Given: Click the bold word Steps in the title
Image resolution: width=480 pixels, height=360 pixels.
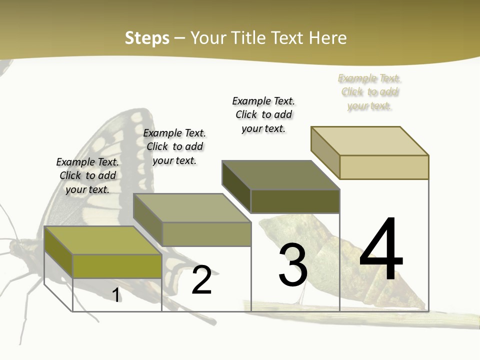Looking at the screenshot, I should pyautogui.click(x=147, y=38).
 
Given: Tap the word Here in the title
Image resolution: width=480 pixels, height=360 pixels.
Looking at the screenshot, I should pyautogui.click(x=327, y=38).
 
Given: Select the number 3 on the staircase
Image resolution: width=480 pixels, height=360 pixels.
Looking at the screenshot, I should pyautogui.click(x=293, y=265).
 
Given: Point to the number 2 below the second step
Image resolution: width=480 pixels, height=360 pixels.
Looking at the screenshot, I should pyautogui.click(x=201, y=280).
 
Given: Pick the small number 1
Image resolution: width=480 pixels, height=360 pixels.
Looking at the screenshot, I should pyautogui.click(x=116, y=295).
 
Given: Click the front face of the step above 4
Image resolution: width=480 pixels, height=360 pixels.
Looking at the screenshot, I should pyautogui.click(x=384, y=167).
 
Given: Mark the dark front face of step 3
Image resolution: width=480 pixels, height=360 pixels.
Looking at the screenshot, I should pyautogui.click(x=295, y=201).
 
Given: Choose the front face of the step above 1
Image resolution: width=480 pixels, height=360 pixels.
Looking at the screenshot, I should pyautogui.click(x=117, y=266).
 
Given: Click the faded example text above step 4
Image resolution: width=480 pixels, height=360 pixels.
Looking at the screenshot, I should pyautogui.click(x=369, y=92).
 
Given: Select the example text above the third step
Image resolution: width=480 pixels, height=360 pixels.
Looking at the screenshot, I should pyautogui.click(x=263, y=114).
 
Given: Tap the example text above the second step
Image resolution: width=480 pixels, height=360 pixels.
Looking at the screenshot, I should pyautogui.click(x=174, y=146).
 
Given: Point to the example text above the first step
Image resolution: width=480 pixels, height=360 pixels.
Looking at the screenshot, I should pyautogui.click(x=87, y=175).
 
